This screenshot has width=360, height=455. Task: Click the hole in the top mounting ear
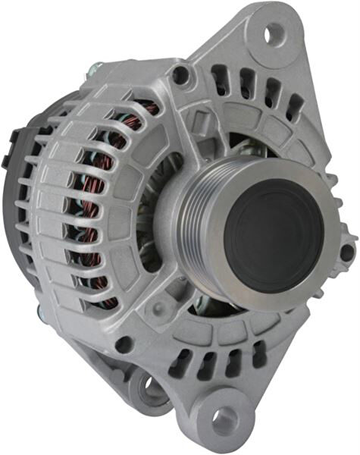[x=274, y=32]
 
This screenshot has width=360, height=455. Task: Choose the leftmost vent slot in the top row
[x=220, y=77]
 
